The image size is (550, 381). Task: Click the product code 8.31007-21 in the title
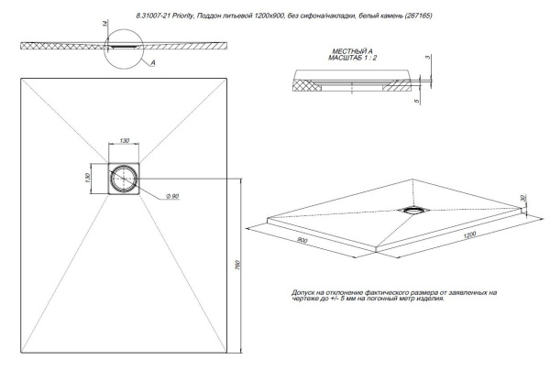(x=155, y=16)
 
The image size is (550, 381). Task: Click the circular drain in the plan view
(x=125, y=177)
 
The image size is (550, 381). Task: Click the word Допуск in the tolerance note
(x=306, y=292)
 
